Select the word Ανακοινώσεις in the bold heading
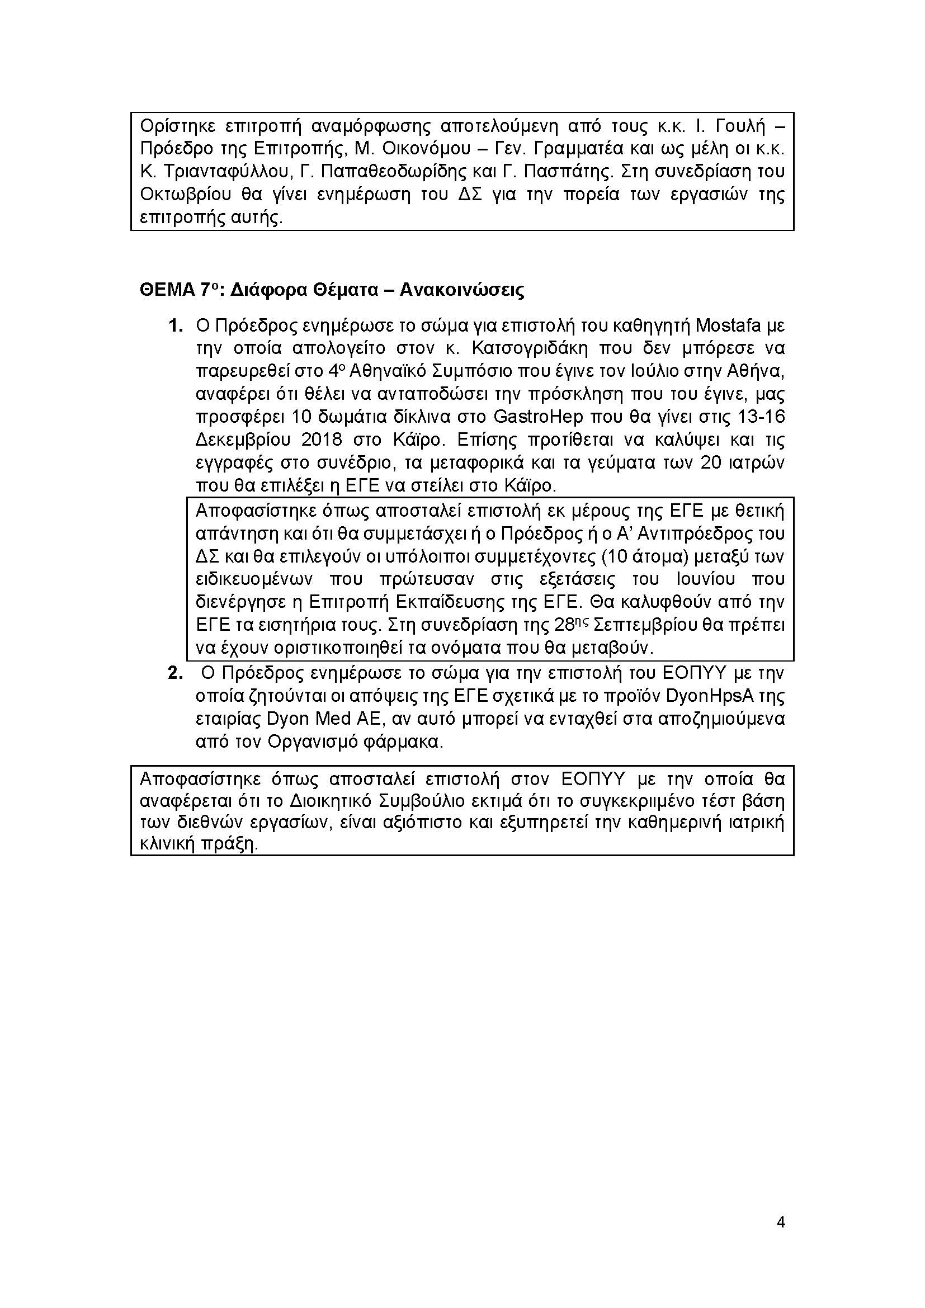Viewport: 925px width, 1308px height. click(462, 291)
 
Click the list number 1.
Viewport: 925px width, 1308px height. click(175, 326)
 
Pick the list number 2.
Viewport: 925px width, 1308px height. click(175, 673)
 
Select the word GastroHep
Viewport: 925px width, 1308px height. click(538, 417)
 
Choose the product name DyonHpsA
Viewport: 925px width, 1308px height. click(708, 696)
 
